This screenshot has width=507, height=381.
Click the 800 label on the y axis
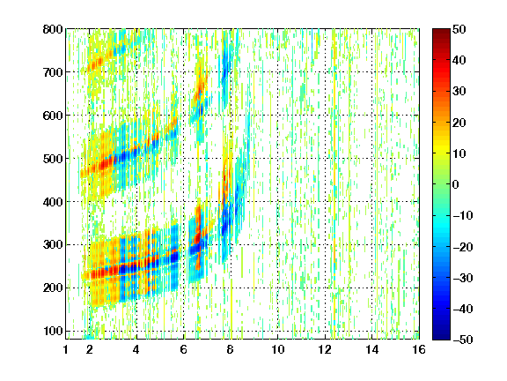53,29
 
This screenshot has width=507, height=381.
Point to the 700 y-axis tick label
53,72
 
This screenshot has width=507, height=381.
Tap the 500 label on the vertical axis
53,159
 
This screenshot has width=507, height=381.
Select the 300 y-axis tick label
53,245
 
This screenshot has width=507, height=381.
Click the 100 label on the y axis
53,331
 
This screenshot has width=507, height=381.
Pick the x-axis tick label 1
66,349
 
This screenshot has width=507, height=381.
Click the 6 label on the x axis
184,349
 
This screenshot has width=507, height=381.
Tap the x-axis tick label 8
231,349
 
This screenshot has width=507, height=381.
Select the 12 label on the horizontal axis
325,349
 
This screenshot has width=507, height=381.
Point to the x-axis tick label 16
419,349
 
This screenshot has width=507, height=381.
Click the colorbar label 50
459,29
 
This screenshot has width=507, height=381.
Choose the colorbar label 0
456,184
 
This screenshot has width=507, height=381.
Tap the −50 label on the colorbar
463,340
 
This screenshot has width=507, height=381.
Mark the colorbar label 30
459,92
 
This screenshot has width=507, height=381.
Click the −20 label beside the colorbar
463,247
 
